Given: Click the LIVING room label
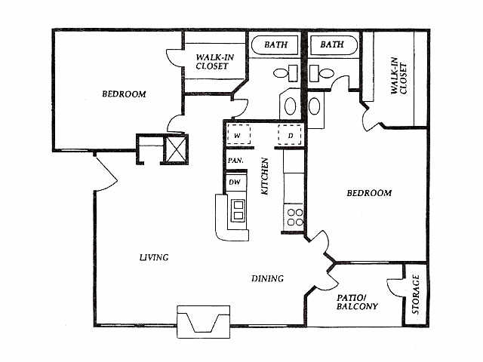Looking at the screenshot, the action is (154, 257).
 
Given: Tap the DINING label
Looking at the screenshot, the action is (267, 278).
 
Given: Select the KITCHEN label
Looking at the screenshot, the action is (265, 176).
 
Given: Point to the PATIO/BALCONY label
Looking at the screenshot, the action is (357, 302).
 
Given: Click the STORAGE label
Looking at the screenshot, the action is (416, 294).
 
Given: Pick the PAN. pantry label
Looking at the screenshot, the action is (235, 161).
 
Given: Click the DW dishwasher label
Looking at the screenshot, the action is (235, 183).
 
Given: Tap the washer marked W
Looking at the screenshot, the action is (238, 134).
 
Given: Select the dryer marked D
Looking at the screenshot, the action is (290, 134).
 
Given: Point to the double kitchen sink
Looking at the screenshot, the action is (238, 210).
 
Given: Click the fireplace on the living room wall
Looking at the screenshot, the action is (203, 322).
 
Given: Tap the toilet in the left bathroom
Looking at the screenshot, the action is (285, 73).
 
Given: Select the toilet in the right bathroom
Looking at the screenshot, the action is (321, 73).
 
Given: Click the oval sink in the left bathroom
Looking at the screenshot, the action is (290, 106).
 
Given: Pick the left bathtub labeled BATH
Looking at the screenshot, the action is (275, 45).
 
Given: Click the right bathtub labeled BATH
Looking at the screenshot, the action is (334, 45).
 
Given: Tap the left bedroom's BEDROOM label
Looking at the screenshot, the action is (124, 94).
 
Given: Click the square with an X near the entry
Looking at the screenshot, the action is (176, 149).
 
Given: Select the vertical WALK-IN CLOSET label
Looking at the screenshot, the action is (399, 75).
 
